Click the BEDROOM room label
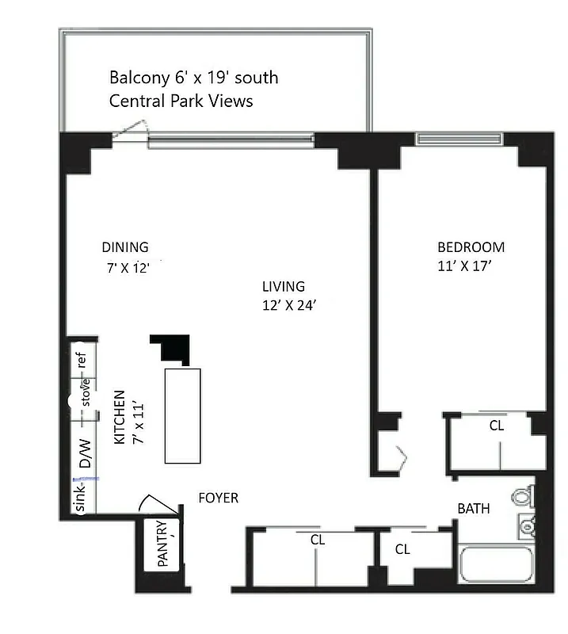[471, 247]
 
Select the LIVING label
[284, 287]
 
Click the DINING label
[124, 247]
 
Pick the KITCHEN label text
[120, 417]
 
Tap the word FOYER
[218, 498]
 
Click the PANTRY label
[163, 544]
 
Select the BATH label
[474, 508]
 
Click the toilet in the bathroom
[522, 496]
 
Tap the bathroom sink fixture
[526, 524]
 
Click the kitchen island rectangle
[182, 415]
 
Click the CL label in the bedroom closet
[496, 426]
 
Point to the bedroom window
[459, 140]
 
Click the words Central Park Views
[181, 101]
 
